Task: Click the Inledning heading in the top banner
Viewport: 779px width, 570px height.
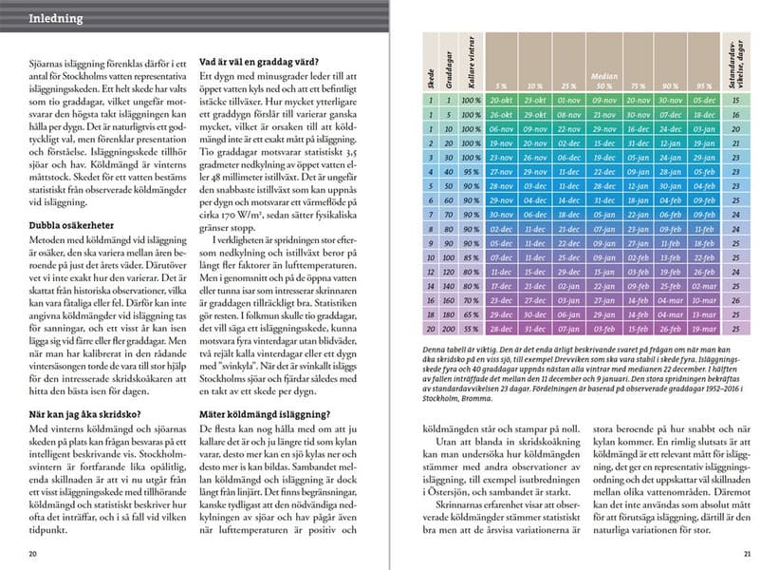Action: [x=56, y=18]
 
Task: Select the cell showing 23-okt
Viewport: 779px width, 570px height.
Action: [x=535, y=99]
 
